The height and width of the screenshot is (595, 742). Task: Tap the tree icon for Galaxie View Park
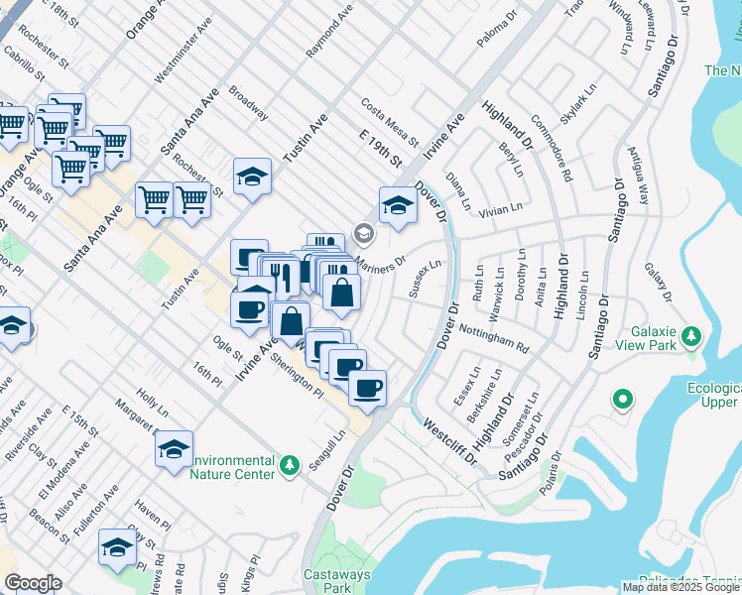(692, 336)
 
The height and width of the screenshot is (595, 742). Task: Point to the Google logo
(33, 583)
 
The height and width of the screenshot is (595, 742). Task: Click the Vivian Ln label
(501, 209)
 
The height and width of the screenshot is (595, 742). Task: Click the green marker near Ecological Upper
(622, 400)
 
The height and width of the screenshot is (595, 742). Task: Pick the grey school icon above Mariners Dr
(364, 234)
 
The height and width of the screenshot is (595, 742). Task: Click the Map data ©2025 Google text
(680, 587)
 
